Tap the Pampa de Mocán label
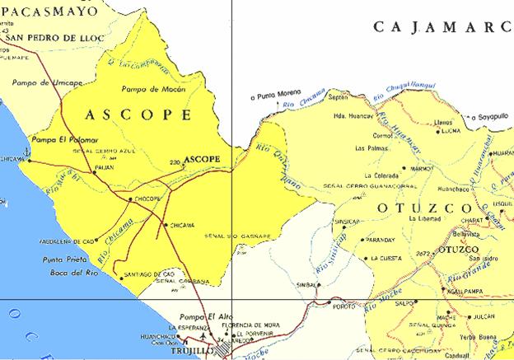point(150,88)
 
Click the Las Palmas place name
point(370,149)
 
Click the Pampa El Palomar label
point(64,141)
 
